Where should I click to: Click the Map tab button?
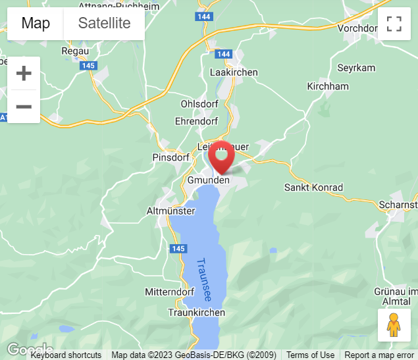(x=36, y=24)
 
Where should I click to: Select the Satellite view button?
(x=104, y=24)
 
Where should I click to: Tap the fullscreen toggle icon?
(x=394, y=24)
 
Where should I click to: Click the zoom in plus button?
(x=24, y=73)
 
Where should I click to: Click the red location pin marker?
(x=221, y=157)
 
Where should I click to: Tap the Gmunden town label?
(x=209, y=180)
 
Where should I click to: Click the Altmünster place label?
(x=170, y=211)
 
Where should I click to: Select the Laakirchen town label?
(x=234, y=72)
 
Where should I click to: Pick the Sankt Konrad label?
(x=313, y=188)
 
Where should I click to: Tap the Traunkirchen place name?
(x=197, y=313)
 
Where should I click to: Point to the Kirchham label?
(x=328, y=86)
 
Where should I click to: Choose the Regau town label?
(x=74, y=51)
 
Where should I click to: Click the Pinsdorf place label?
(x=170, y=158)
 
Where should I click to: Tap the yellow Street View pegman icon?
(x=394, y=325)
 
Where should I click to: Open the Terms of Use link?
(x=310, y=355)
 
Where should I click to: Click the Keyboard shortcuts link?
(x=66, y=355)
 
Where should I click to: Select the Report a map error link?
(x=379, y=355)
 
